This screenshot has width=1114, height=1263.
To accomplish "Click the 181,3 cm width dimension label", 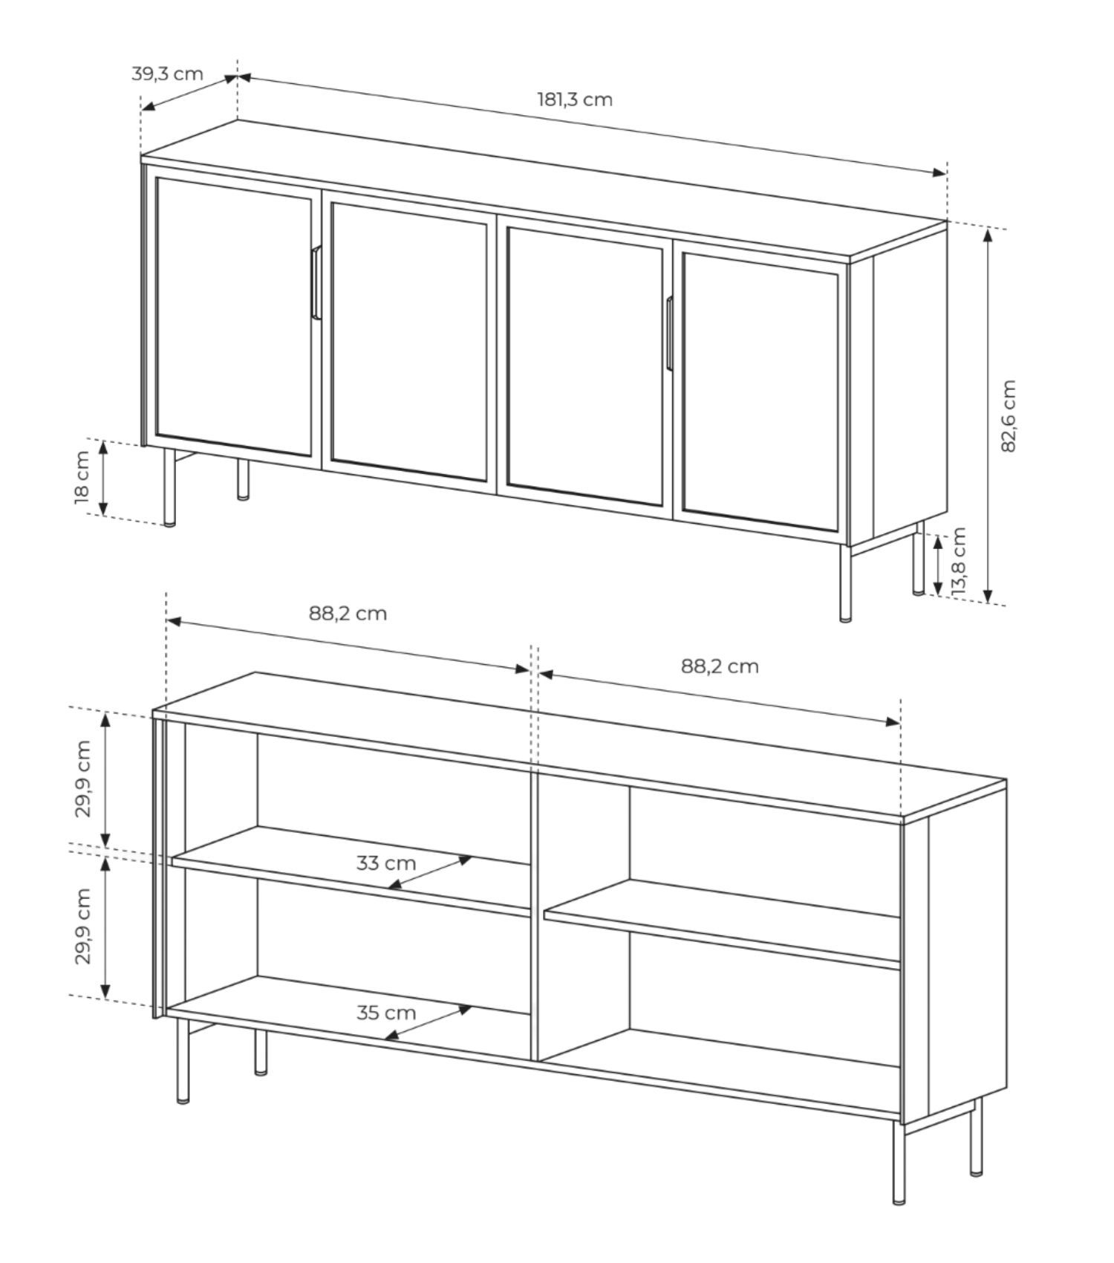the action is coord(575,100).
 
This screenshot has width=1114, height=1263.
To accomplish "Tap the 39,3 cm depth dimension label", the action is coord(167,74).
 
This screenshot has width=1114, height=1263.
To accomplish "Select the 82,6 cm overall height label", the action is coord(1008,416).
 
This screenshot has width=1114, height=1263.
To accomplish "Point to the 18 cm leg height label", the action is coord(82,476).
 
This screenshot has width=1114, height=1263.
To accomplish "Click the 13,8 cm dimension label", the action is coord(959,559).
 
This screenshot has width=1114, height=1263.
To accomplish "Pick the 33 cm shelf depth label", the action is coord(385,863).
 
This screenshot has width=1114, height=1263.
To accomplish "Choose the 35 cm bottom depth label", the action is coord(385,1013).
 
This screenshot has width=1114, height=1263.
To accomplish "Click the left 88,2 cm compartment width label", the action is coord(348,614).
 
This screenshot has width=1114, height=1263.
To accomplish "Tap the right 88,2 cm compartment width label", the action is coord(720,666).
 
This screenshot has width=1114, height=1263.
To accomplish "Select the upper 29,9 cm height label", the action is coord(82,779).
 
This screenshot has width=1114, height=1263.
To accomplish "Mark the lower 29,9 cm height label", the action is coord(82,926).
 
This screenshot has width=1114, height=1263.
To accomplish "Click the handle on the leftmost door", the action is coord(316,282).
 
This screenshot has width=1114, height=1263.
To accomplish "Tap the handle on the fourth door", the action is coord(669,333).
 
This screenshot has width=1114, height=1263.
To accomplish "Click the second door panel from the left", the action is coord(409,342).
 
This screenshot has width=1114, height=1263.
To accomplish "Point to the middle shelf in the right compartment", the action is coord(722,925).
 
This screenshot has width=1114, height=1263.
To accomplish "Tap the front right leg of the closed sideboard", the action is coord(845,582).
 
